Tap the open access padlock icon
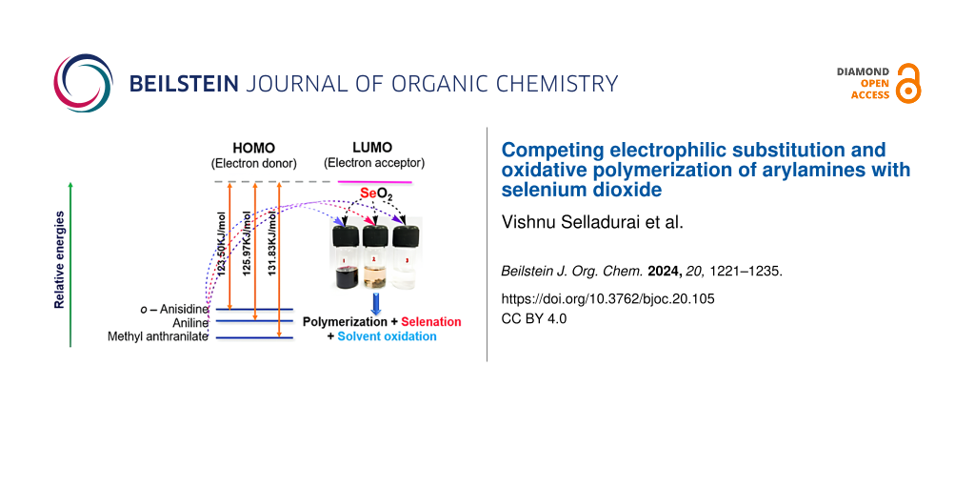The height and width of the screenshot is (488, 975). point(908,83)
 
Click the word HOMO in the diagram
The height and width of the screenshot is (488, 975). point(252,149)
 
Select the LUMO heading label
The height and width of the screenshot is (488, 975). point(373,149)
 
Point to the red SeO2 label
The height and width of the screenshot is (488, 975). point(377,195)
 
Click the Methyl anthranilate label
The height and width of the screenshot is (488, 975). point(158,336)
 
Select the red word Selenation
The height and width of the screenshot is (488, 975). point(430,322)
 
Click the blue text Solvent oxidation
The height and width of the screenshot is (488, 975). point(387,336)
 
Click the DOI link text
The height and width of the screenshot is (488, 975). point(607,298)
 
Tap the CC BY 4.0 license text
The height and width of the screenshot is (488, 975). point(533,318)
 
